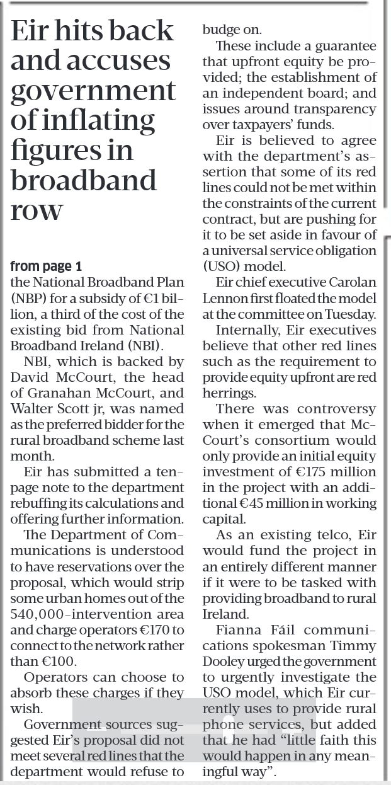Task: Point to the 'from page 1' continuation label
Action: (x=46, y=266)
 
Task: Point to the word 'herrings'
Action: (x=229, y=392)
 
